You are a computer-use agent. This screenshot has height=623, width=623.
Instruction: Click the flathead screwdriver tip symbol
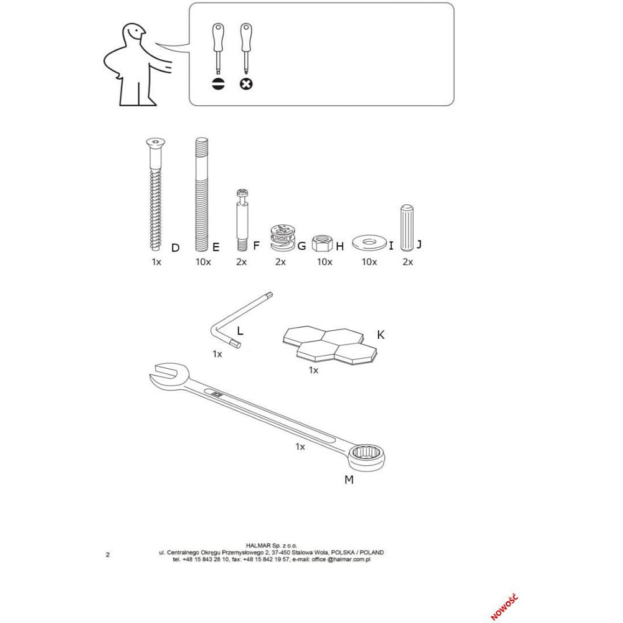point(218,84)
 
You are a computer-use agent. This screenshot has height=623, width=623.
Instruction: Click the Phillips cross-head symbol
point(246,84)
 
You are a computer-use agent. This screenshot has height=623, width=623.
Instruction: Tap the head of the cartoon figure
point(133,33)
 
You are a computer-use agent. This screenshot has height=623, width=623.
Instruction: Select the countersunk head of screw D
point(155,143)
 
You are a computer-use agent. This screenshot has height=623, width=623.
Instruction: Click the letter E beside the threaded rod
point(216,247)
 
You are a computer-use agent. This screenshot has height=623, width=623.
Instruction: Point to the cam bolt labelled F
point(242,220)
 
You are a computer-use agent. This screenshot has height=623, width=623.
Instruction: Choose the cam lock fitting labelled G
point(282,238)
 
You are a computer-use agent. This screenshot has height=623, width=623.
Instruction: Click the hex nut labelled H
point(322,243)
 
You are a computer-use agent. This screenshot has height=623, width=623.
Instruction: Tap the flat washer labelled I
point(369,242)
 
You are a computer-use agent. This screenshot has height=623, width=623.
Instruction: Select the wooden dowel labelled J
point(406,228)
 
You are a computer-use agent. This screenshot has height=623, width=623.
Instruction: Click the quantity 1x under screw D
point(156,262)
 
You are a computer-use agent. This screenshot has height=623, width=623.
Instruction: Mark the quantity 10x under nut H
point(324,262)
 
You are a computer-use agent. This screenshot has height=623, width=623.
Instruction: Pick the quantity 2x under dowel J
point(407,262)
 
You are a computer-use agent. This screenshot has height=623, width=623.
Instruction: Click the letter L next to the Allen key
point(240,331)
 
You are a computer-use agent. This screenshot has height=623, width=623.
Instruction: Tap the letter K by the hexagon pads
point(381,335)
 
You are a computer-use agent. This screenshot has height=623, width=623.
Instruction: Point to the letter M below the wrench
point(349,480)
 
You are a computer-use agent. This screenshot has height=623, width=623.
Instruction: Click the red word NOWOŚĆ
point(505,607)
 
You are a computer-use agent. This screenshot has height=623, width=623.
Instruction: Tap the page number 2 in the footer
point(108,554)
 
